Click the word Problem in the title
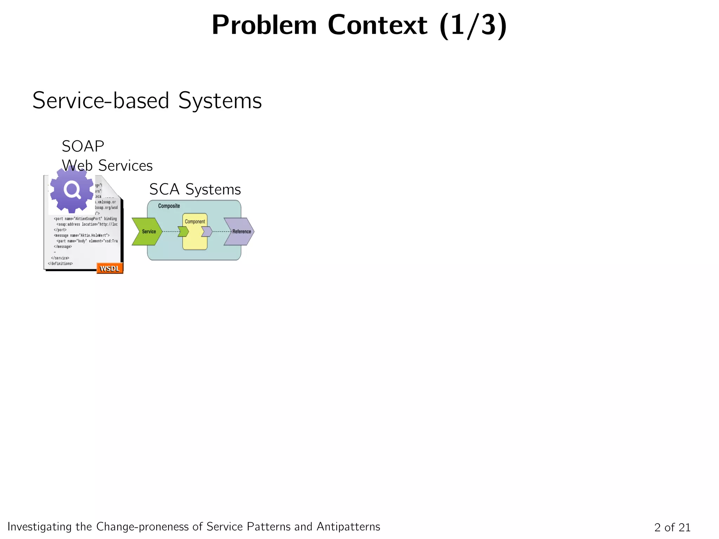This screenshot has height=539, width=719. pos(264,25)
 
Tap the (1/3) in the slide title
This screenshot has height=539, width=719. pos(473,25)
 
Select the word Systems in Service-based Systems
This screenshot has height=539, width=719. pos(220,101)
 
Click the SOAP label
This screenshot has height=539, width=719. pos(83,146)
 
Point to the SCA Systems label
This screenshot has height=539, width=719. pos(195,189)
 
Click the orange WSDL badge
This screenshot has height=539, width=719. pos(110,268)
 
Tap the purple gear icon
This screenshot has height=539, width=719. pos(72,189)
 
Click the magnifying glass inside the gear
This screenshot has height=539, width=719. pos(72,190)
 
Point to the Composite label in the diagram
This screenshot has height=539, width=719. pos(169,206)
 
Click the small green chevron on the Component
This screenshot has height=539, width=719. pos(183,232)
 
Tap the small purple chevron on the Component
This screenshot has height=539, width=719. pos(207,232)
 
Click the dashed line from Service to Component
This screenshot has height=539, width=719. pos(170,232)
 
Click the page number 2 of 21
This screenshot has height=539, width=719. pos(672,527)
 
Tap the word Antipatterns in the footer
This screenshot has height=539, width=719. pos(348,527)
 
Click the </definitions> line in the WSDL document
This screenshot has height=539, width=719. pos(60,264)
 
